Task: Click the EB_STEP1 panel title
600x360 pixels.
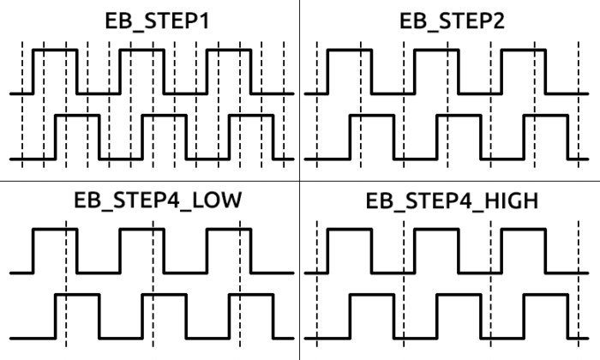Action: pyautogui.click(x=157, y=21)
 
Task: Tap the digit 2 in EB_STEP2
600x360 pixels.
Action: pyautogui.click(x=498, y=21)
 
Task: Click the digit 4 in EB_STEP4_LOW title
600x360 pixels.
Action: pyautogui.click(x=173, y=200)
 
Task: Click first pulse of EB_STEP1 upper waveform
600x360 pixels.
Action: pyautogui.click(x=55, y=50)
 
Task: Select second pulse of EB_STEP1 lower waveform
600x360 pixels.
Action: pyautogui.click(x=165, y=115)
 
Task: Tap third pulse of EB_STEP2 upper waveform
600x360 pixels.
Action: pyautogui.click(x=524, y=50)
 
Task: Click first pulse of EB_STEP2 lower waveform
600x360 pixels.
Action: pyautogui.click(x=372, y=115)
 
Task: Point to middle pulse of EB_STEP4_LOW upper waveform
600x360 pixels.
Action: pyautogui.click(x=142, y=229)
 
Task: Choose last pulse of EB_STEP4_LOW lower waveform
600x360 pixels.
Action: pyautogui.click(x=251, y=295)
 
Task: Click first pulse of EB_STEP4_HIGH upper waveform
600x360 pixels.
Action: pyautogui.click(x=350, y=229)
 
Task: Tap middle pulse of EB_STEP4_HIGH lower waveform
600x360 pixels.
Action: pyautogui.click(x=459, y=295)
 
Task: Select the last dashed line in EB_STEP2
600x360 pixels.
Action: pyautogui.click(x=579, y=105)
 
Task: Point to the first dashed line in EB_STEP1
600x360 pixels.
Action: pyautogui.click(x=22, y=105)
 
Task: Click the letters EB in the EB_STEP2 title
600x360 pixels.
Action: pyautogui.click(x=413, y=21)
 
